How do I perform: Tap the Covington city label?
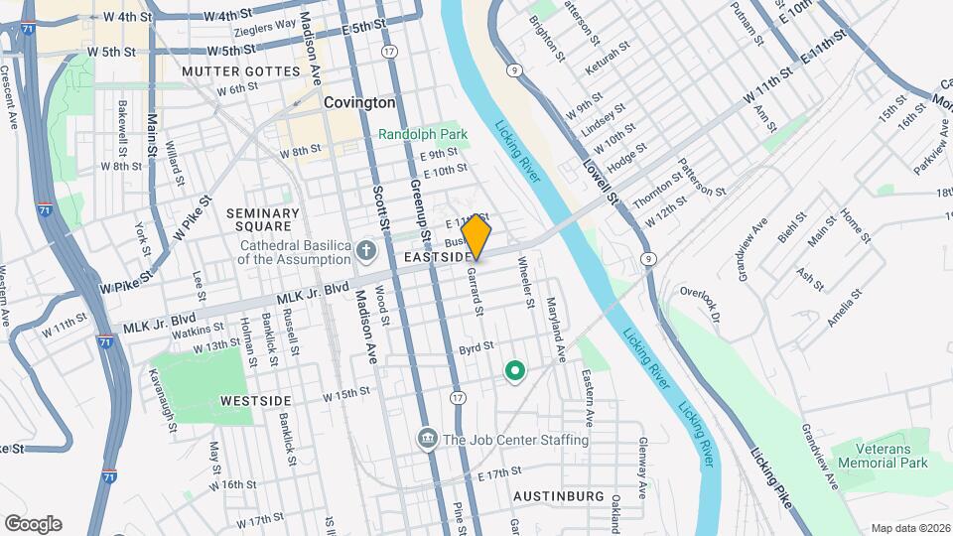pos(359,102)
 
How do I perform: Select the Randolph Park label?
pos(422,133)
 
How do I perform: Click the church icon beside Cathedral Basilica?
pos(366,248)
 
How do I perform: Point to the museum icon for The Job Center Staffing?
pos(428,438)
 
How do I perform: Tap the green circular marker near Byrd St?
pos(514,372)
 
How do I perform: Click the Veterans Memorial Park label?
pos(881,456)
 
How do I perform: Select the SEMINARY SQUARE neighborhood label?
pos(262,220)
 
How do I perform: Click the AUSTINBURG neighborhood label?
pos(559,495)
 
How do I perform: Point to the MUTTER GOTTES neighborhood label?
pos(240,72)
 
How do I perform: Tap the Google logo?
pos(33,524)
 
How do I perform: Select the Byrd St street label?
pos(476,349)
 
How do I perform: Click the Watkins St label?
pos(197,331)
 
